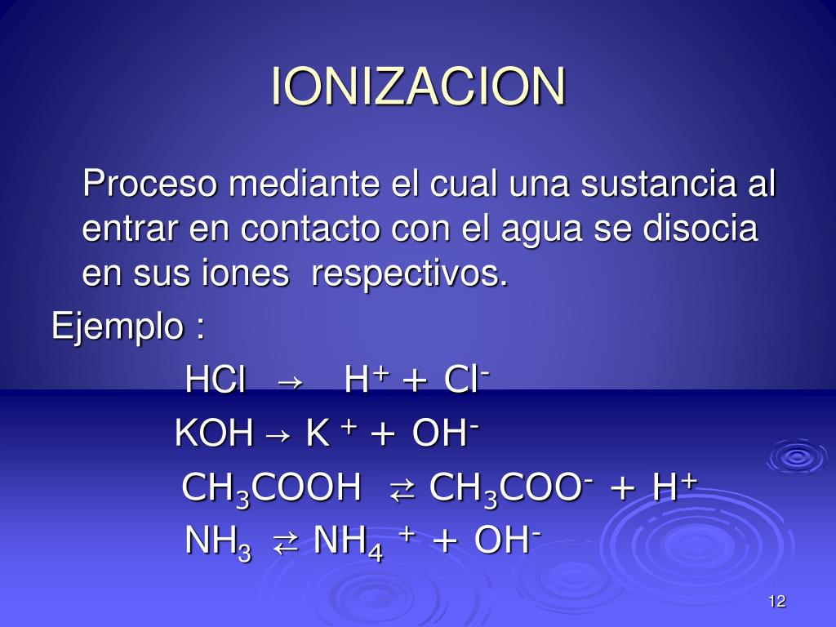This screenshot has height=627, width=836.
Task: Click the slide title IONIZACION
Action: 418,86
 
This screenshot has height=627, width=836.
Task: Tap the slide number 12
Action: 776,603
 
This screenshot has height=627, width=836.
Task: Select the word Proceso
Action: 151,185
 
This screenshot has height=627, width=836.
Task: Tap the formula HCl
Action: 216,380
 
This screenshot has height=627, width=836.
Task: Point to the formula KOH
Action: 214,434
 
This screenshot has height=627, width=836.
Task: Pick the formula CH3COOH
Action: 271,489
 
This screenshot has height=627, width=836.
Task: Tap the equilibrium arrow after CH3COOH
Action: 402,491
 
